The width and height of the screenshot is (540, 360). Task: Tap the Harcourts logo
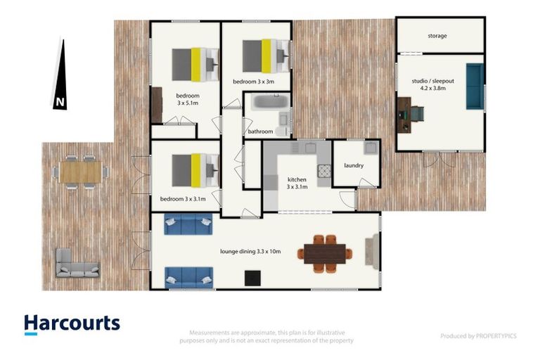pos(72,323)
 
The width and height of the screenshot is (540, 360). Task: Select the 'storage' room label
pos(437,36)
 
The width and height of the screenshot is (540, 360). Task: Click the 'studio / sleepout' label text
pos(433,85)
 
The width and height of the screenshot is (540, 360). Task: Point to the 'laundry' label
pos(354,166)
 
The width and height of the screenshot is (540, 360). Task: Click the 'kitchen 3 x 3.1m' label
pos(297,184)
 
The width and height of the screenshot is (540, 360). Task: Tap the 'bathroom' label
pos(260,131)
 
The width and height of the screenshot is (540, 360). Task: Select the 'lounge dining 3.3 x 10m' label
pos(251,251)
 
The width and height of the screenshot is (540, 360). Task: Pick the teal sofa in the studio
pos(475,86)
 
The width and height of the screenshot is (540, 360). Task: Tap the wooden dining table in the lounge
pos(326,253)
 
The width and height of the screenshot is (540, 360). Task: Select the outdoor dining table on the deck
pos(79,171)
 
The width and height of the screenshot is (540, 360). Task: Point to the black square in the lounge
pos(252,278)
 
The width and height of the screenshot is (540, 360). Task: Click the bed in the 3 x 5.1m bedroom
pos(193,63)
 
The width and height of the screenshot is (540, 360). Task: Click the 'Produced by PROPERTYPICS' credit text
pos(478,336)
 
